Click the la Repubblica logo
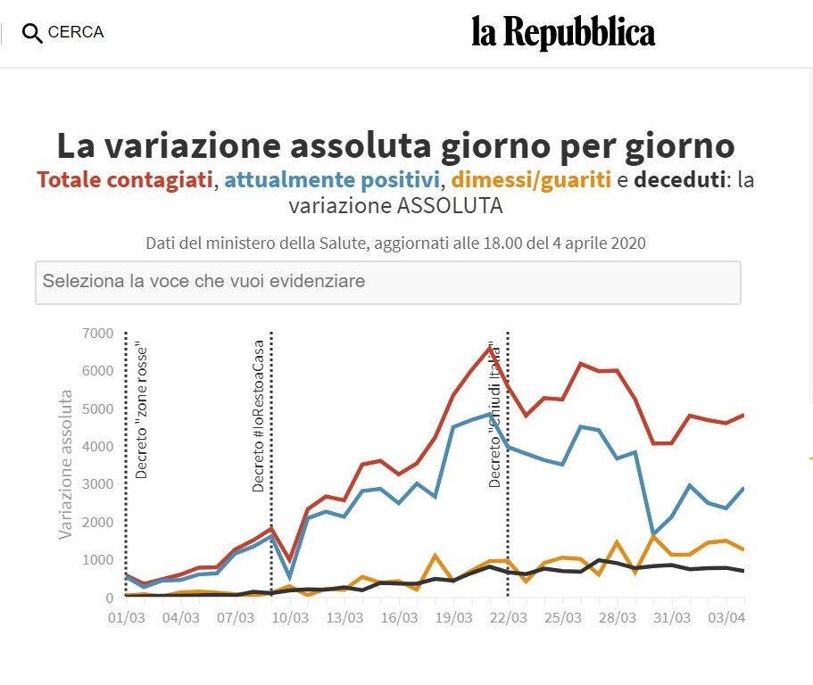point(563,33)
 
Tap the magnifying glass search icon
point(32,34)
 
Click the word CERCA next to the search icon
point(76,33)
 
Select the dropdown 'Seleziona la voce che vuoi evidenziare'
point(387,282)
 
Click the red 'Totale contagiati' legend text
point(125,180)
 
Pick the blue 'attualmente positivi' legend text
point(333,180)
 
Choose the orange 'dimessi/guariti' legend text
point(531,180)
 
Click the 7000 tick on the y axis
point(97,334)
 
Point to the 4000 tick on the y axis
point(97,446)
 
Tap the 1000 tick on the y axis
point(97,559)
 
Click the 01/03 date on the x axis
point(125,618)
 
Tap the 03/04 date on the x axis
point(726,618)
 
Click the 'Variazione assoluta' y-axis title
point(66,464)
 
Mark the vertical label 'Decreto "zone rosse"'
point(140,409)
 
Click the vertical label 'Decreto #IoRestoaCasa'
point(259,416)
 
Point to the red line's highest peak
point(490,347)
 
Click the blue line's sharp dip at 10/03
point(289,578)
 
